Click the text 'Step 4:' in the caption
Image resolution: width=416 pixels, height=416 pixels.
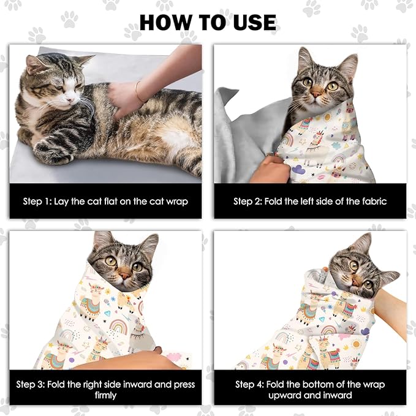click(252, 385)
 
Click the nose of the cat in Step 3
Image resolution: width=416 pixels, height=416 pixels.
click(123, 274)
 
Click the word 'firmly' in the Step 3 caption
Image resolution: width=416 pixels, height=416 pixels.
click(105, 395)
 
